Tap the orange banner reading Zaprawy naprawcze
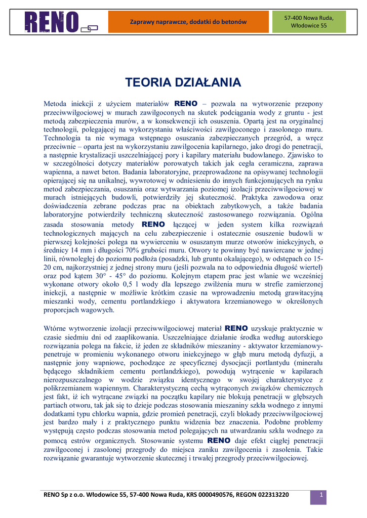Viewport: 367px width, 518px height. click(x=188, y=22)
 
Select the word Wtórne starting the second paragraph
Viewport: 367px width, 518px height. click(x=57, y=328)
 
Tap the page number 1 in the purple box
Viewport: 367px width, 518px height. click(x=320, y=496)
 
